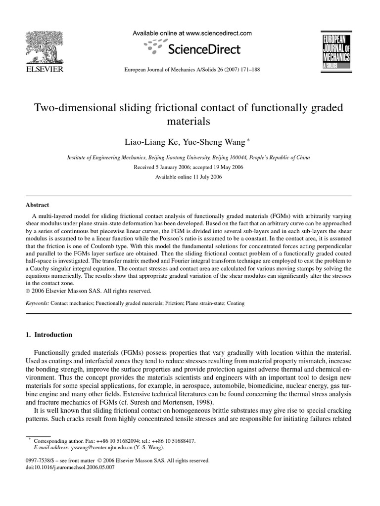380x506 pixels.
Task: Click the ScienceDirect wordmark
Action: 204,49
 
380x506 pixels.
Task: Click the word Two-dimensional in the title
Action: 71,108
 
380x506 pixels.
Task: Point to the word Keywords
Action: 37,303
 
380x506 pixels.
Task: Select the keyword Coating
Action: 236,303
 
